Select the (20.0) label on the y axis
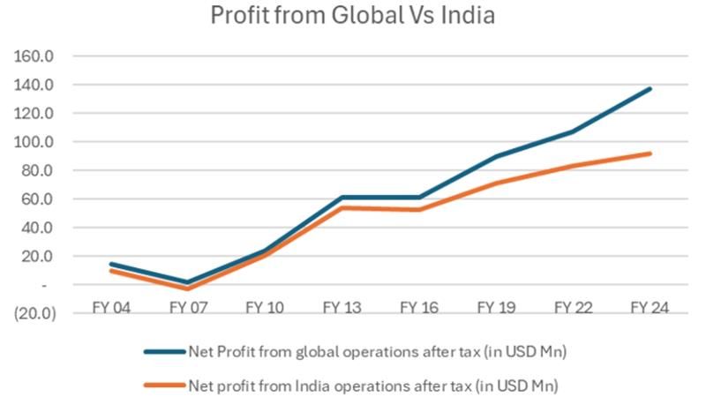pos(34,313)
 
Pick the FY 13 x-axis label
pos(342,308)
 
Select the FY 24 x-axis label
pos(650,308)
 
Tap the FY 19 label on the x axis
pos(496,308)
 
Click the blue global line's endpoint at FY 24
pos(650,88)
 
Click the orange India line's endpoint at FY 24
pos(650,154)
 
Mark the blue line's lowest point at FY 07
pos(187,282)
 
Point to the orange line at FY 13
pos(342,208)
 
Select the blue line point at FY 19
pos(496,156)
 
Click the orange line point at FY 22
pos(574,166)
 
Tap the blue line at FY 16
pos(419,198)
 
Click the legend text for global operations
pos(377,351)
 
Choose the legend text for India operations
pos(374,385)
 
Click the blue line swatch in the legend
pos(164,351)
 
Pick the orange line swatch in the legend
pos(164,385)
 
